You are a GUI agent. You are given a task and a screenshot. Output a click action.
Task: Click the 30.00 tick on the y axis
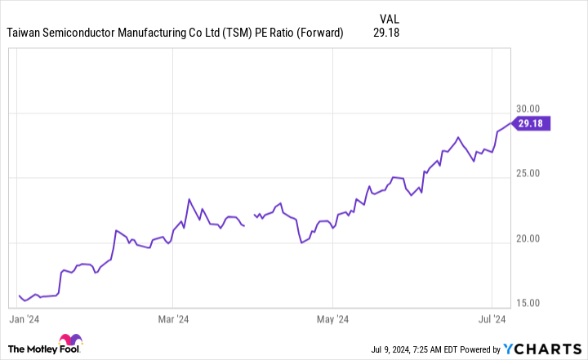528,109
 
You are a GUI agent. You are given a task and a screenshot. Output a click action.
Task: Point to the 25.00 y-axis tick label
528,173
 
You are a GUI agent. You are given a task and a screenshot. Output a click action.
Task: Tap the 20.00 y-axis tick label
528,238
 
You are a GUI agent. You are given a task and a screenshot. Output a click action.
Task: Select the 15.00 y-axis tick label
528,303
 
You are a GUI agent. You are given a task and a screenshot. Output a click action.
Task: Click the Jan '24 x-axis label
24,319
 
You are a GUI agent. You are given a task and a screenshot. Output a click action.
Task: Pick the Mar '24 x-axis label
173,319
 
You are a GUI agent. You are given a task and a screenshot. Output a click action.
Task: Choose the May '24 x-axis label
332,319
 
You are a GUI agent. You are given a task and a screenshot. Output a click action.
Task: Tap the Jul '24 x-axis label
492,319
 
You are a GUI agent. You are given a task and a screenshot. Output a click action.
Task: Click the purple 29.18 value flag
531,123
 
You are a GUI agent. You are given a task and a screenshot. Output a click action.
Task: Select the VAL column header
390,19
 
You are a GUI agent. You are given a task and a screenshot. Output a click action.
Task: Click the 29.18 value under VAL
386,33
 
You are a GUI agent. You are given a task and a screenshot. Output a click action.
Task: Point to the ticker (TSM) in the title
237,33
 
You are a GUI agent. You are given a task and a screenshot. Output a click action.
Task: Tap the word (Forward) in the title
320,33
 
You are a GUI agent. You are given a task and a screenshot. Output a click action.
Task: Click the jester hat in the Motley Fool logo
70,340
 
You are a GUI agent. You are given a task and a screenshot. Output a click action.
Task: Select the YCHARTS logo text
542,349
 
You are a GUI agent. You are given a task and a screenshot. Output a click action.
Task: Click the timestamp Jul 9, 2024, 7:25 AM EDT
414,349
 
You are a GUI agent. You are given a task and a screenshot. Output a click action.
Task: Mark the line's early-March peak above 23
189,199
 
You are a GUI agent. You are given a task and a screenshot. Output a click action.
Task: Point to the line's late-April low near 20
301,242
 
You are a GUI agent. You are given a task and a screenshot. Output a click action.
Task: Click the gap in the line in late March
249,220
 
